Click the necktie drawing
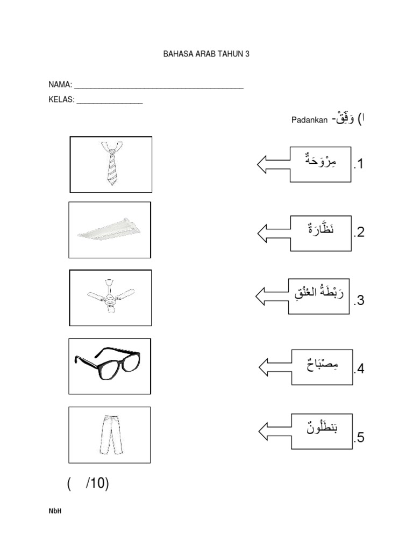[x=111, y=164]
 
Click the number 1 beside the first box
[x=359, y=164]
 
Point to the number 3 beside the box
[x=359, y=301]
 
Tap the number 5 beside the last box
[x=359, y=438]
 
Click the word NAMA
[x=60, y=85]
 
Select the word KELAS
[x=61, y=99]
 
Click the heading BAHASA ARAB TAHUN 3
[x=206, y=54]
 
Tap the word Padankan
[x=309, y=120]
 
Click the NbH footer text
[x=55, y=511]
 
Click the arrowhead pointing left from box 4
[x=265, y=367]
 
